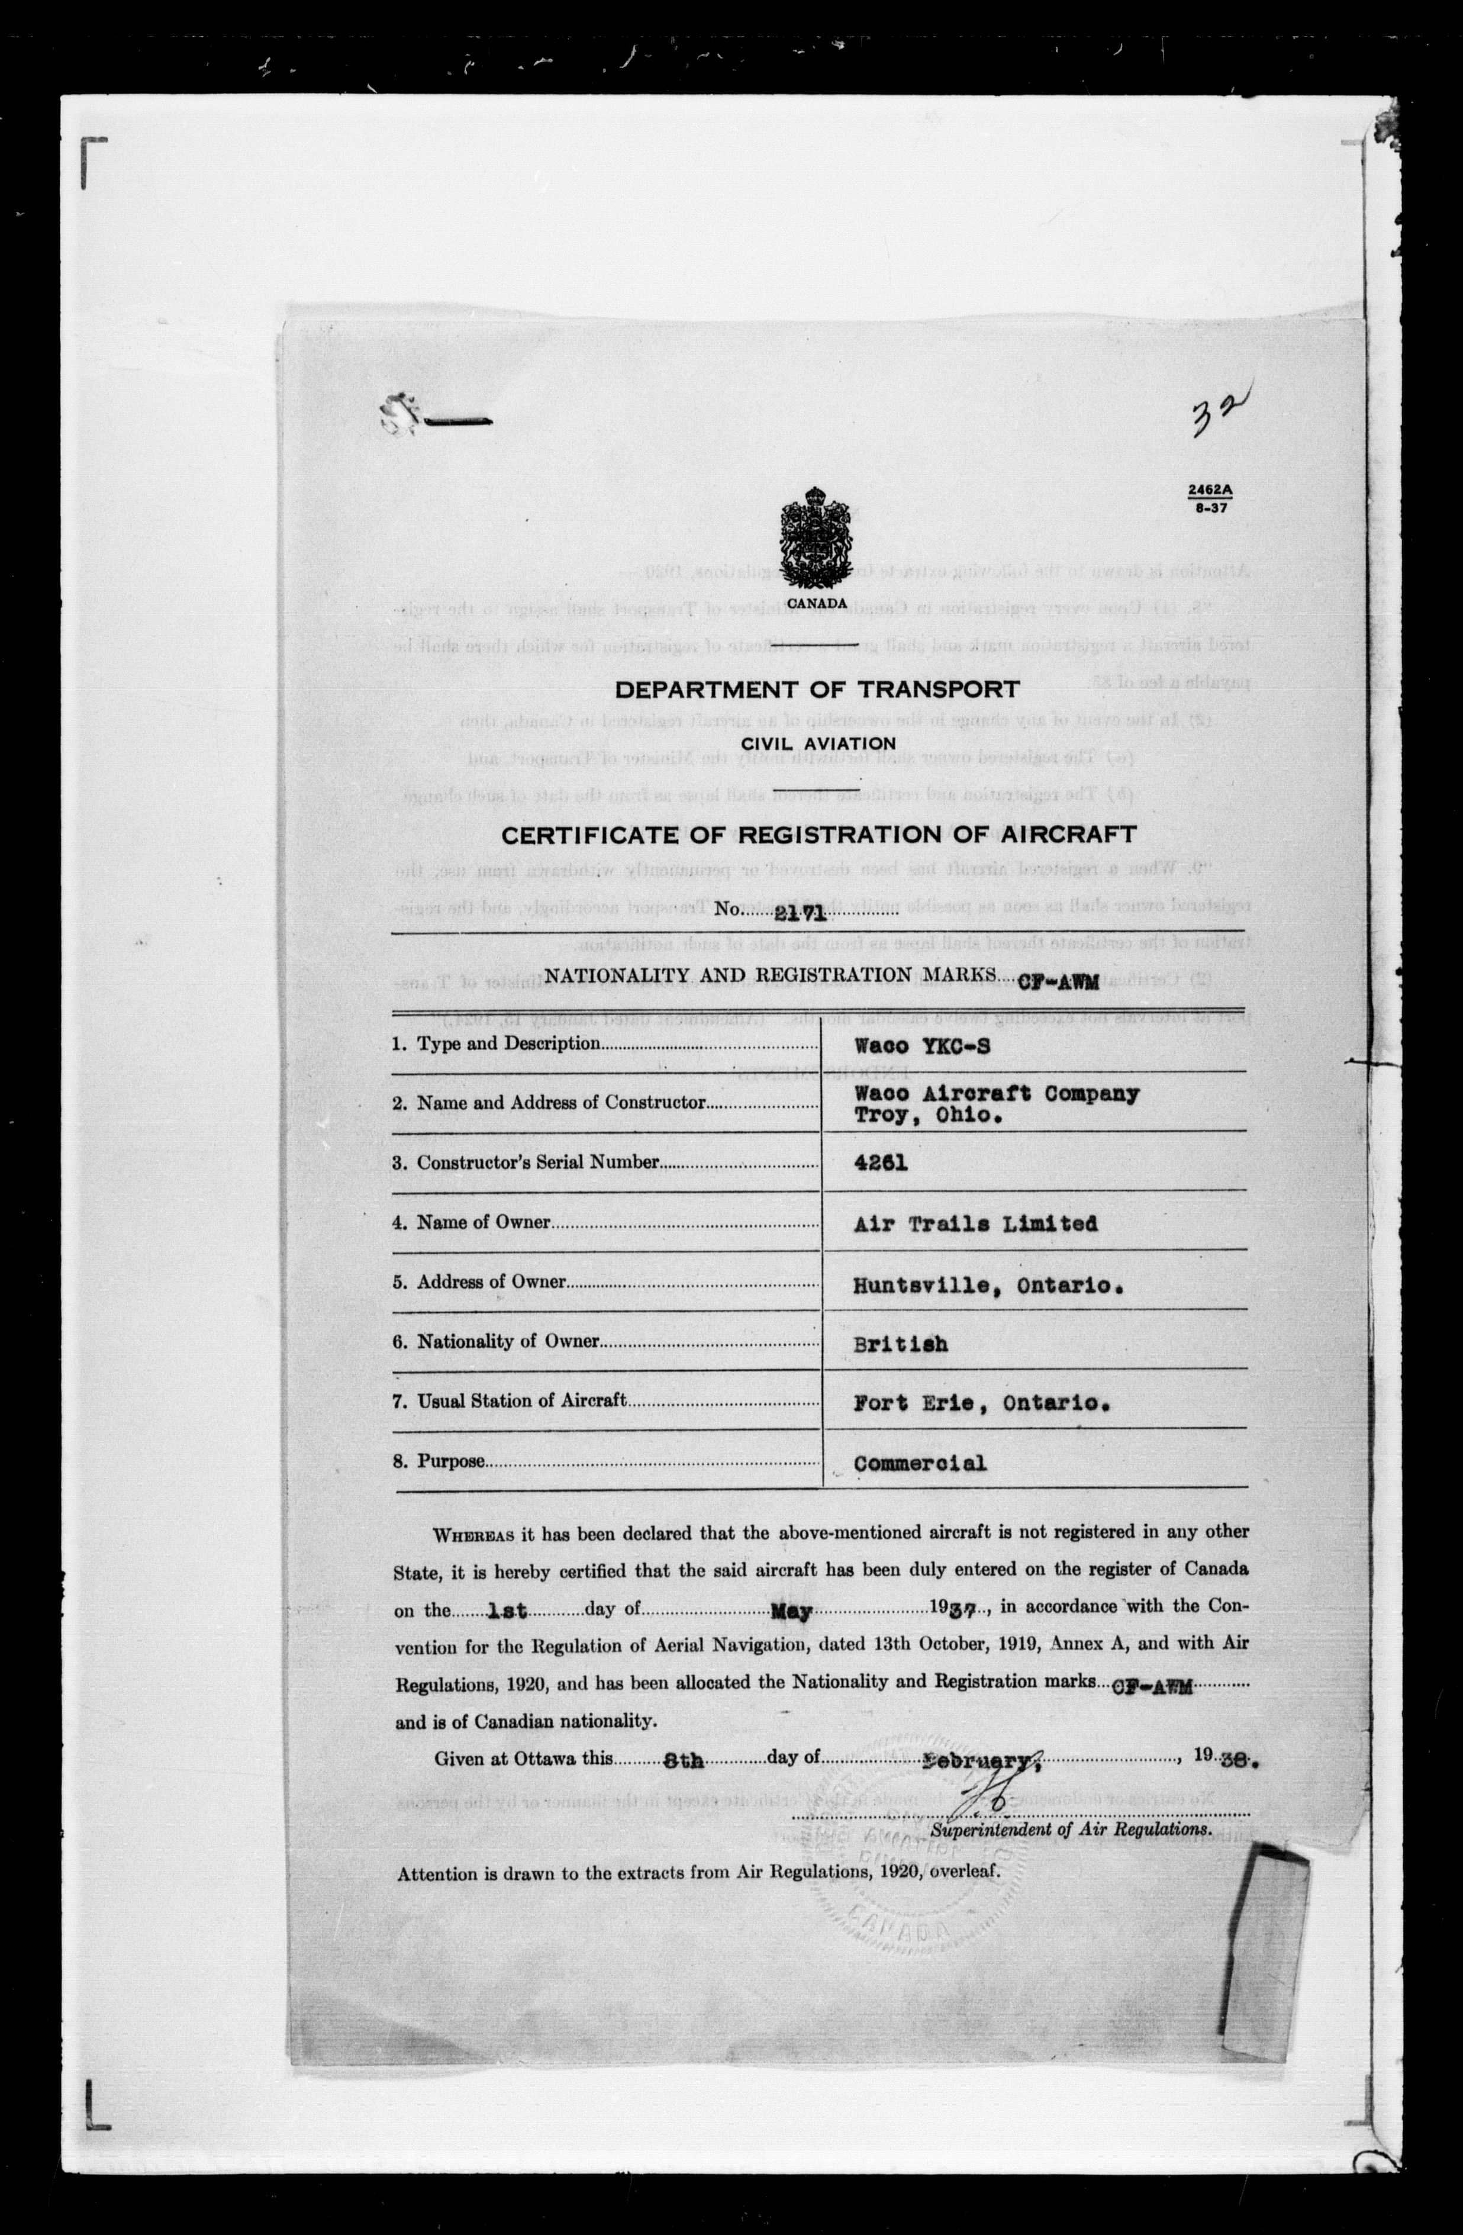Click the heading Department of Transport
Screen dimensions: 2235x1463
pyautogui.click(x=817, y=690)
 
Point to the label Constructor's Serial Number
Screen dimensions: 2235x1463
pyautogui.click(x=538, y=1162)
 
